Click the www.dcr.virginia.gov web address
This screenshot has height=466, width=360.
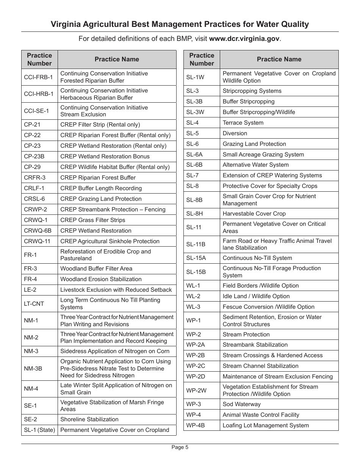pyautogui.click(x=244, y=39)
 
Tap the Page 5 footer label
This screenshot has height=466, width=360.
pyautogui.click(x=180, y=447)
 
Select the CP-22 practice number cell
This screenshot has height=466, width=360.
pyautogui.click(x=32, y=135)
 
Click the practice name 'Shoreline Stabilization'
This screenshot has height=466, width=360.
pyautogui.click(x=89, y=419)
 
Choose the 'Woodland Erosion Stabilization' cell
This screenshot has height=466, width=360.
pyautogui.click(x=101, y=279)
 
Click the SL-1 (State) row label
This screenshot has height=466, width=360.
pyautogui.click(x=39, y=430)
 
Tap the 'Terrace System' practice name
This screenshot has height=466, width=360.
pyautogui.click(x=243, y=123)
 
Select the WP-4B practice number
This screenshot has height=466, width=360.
pyautogui.click(x=196, y=425)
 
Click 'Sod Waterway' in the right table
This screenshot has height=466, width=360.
pyautogui.click(x=242, y=404)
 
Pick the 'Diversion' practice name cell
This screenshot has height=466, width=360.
pyautogui.click(x=235, y=133)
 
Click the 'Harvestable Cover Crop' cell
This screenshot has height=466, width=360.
pyautogui.click(x=254, y=214)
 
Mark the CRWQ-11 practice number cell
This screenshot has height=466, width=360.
pyautogui.click(x=37, y=241)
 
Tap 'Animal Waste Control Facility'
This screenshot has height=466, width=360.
pyautogui.click(x=261, y=415)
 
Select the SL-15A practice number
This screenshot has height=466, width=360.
pyautogui.click(x=196, y=258)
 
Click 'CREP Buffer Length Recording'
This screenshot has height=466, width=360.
pyautogui.click(x=101, y=188)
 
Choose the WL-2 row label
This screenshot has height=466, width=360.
pyautogui.click(x=193, y=296)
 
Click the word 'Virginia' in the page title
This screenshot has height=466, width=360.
pyautogui.click(x=66, y=25)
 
